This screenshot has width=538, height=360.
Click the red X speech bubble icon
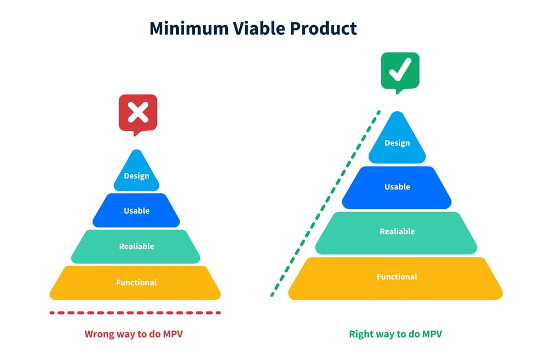pyautogui.click(x=138, y=113)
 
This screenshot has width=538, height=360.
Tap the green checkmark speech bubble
pyautogui.click(x=400, y=71)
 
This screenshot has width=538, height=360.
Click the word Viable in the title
pyautogui.click(x=254, y=28)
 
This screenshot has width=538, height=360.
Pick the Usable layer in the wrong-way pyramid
pyautogui.click(x=137, y=210)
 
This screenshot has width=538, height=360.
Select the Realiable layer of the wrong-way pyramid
pyautogui.click(x=137, y=246)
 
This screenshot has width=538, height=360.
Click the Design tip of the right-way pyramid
pyautogui.click(x=397, y=143)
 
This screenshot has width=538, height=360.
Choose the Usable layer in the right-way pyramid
pyautogui.click(x=397, y=186)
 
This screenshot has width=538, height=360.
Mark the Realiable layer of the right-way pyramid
pyautogui.click(x=397, y=232)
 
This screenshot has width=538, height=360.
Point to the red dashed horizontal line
pyautogui.click(x=134, y=313)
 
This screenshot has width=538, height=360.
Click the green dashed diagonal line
pyautogui.click(x=326, y=203)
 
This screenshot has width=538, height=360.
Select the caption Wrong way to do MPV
pyautogui.click(x=137, y=335)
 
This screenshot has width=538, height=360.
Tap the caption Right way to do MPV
pyautogui.click(x=395, y=335)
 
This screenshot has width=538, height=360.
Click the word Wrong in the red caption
pyautogui.click(x=99, y=335)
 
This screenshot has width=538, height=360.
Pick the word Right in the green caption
pyautogui.click(x=361, y=335)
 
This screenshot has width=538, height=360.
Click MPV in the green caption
pyautogui.click(x=431, y=335)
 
